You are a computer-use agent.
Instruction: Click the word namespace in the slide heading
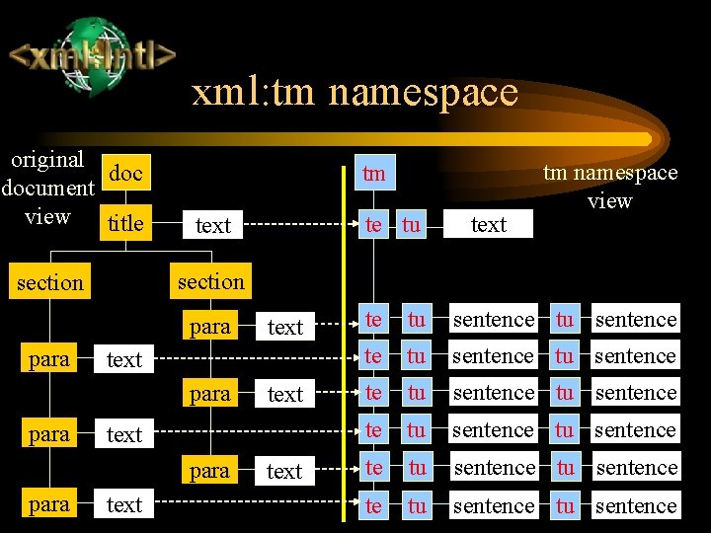coord(424,93)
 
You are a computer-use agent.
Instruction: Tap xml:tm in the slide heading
coord(253,93)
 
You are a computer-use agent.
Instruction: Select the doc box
coord(125,174)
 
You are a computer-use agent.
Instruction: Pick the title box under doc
coord(125,223)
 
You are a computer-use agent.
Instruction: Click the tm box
coord(373,174)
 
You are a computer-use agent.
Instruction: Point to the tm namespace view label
coord(610,186)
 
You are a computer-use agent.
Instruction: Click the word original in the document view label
coord(46,159)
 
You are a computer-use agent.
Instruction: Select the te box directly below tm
coord(373,225)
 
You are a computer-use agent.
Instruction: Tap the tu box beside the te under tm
coord(411,225)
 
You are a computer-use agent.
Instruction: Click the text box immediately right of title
coord(212,226)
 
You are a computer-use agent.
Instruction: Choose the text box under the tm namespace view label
coord(488,225)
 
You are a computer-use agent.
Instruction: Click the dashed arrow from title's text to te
coord(296,226)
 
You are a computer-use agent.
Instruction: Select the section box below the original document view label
coord(50,283)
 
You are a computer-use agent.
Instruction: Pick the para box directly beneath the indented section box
coord(209,327)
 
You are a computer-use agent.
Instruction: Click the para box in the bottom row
coord(49,504)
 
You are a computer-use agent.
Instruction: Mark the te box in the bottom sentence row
coord(373,505)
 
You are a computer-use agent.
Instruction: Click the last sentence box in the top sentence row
coord(636,320)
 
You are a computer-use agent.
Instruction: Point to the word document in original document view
coord(48,188)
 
